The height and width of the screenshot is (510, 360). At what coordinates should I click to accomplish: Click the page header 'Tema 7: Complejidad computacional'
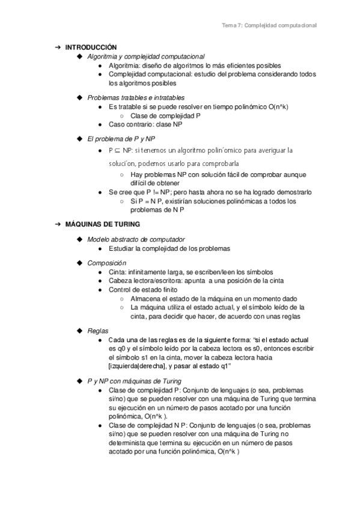[269, 25]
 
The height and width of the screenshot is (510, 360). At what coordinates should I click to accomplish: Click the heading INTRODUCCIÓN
[91, 47]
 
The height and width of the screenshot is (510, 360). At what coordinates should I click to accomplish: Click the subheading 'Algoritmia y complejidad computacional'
[145, 56]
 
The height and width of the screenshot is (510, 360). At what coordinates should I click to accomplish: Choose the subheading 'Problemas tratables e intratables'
[136, 97]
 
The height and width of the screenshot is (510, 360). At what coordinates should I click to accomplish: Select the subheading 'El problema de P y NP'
[121, 138]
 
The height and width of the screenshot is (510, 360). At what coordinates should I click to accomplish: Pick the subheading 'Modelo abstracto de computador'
[136, 239]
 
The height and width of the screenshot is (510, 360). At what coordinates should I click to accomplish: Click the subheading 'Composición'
[106, 263]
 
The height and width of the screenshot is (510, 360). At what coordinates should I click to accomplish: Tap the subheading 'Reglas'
[98, 330]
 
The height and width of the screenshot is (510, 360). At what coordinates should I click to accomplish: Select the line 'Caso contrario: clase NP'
[145, 124]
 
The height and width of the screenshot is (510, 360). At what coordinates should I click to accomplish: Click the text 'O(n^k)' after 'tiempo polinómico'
[276, 106]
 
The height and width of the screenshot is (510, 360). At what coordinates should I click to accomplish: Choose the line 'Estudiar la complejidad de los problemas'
[169, 248]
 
